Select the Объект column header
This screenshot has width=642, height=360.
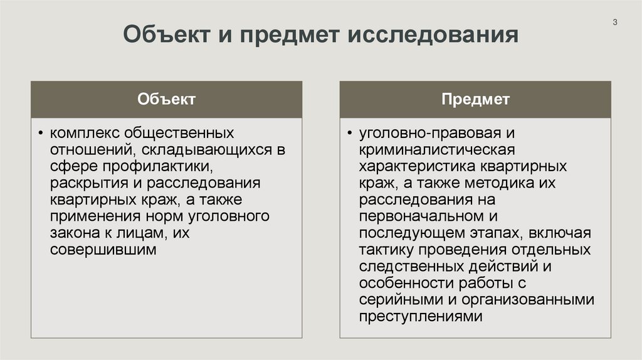pyautogui.click(x=167, y=99)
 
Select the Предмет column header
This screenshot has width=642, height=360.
pyautogui.click(x=475, y=99)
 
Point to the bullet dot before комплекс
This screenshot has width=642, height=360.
pyautogui.click(x=41, y=134)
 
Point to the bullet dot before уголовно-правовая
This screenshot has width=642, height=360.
pyautogui.click(x=350, y=134)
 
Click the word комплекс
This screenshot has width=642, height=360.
pyautogui.click(x=85, y=134)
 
